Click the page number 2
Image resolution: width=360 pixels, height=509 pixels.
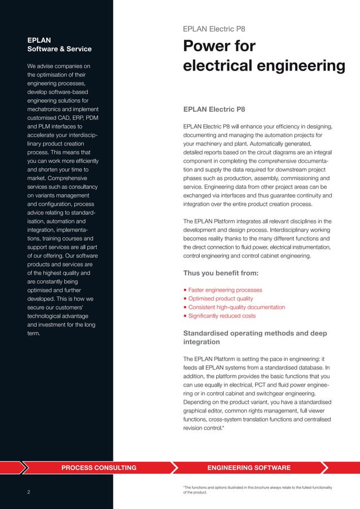pos(28,491)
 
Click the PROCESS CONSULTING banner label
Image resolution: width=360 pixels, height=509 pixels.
pos(99,468)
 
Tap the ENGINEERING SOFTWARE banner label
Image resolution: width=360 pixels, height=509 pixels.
pos(249,468)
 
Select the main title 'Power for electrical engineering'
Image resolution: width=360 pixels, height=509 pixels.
pos(264,56)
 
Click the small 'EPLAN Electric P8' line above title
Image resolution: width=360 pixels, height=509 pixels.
pos(214,29)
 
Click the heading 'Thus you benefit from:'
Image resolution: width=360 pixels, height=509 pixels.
pos(221,274)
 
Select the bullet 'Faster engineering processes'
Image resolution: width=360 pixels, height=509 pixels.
pos(225,290)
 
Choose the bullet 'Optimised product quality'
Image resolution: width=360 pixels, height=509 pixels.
pos(221,299)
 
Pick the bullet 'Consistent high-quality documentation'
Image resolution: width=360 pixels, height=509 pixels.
pos(236,307)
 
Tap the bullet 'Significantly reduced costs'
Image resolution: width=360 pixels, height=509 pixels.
pos(222,316)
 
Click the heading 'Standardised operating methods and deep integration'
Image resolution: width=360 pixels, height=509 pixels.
pos(255,337)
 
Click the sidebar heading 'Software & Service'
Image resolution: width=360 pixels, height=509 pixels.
pos(59,49)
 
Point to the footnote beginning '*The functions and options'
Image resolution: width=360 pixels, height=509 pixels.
pos(257,489)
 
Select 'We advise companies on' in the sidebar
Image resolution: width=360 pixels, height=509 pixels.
pos(59,67)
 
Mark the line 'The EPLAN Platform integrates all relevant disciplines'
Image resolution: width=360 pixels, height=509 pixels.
pos(257,221)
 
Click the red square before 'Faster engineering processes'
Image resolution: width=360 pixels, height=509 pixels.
pos(185,290)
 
